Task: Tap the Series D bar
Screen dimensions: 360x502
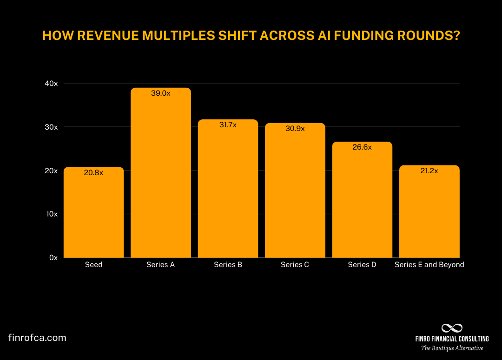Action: coord(362,200)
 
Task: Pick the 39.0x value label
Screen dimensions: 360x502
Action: coord(161,93)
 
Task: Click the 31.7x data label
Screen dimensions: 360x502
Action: coord(228,125)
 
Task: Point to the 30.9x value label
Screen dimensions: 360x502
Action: coord(295,129)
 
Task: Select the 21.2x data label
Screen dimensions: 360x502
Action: coord(429,171)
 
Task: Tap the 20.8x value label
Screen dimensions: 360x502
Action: coord(93,173)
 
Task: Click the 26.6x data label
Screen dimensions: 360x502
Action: coord(362,147)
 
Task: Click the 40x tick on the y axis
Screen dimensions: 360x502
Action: coord(51,84)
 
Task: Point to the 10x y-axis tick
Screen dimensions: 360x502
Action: coord(51,214)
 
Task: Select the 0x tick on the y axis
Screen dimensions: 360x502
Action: coord(53,257)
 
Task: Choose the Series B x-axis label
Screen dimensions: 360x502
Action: coord(228,265)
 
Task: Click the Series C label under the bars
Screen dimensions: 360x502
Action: coord(295,265)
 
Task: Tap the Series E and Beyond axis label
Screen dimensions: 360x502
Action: coord(429,265)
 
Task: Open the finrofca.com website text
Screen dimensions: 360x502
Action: coord(37,338)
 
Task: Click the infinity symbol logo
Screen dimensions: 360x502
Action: coord(452,328)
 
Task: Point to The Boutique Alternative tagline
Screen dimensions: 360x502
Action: coord(452,348)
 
